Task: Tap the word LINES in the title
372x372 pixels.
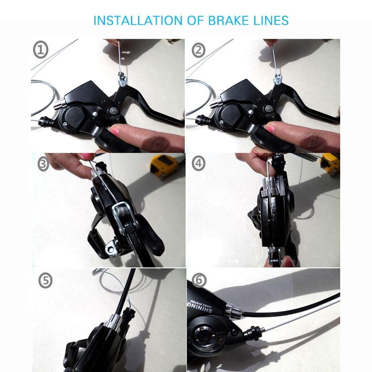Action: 271,20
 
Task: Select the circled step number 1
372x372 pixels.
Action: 41,50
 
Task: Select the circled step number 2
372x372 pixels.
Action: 199,50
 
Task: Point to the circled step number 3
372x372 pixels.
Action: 43,164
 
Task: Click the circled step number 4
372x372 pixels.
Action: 199,163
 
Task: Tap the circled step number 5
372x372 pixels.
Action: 45,281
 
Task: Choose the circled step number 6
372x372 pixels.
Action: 199,280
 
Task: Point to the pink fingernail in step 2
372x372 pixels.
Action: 271,129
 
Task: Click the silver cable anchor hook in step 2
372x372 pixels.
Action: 278,79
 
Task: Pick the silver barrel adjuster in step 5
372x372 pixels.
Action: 114,320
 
